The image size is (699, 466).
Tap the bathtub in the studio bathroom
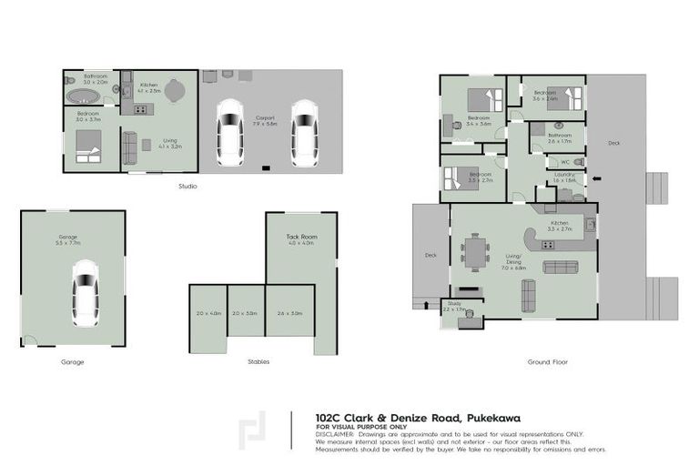coord(76,96)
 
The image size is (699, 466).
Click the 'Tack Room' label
coord(300,237)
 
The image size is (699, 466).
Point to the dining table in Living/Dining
coord(473,252)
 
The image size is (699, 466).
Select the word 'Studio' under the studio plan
coord(187,187)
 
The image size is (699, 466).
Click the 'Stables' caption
coord(258,361)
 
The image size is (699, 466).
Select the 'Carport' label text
coord(265,117)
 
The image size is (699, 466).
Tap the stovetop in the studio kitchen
coord(140,109)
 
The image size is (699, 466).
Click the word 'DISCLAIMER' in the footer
coord(334,434)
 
